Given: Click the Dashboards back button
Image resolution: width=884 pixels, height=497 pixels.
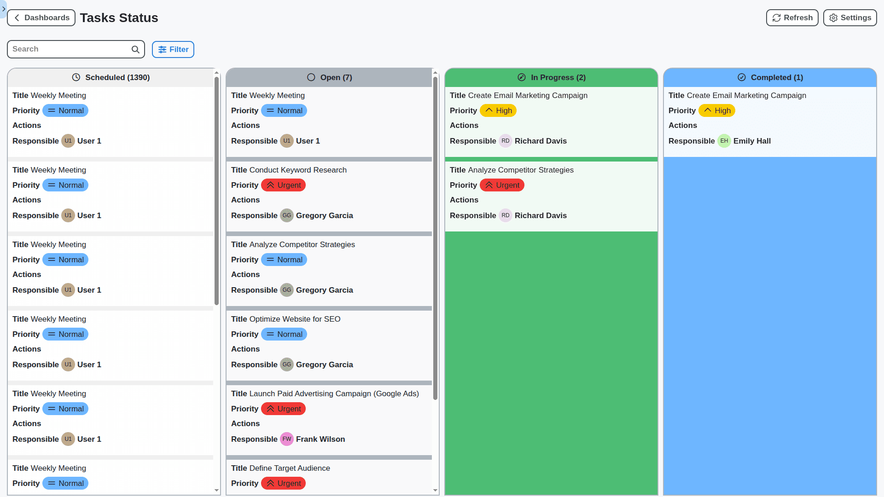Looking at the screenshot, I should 41,18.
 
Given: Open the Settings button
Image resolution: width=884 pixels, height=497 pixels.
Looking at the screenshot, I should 849,18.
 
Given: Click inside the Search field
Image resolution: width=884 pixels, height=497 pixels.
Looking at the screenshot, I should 69,49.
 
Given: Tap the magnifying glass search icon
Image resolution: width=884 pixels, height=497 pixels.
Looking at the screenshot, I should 135,49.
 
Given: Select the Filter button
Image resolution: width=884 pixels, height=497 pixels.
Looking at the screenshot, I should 173,49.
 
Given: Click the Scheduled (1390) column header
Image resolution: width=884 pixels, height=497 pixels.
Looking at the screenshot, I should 111,77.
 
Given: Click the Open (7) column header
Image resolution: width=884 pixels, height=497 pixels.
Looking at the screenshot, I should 330,77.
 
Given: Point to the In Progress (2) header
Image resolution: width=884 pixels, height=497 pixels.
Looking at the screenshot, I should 551,77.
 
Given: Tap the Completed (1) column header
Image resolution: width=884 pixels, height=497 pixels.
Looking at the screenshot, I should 770,77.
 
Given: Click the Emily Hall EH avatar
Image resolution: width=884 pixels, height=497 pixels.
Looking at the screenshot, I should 724,141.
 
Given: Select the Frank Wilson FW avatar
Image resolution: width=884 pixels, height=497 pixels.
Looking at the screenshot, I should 286,439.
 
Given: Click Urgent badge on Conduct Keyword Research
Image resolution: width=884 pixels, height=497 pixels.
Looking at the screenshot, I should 283,185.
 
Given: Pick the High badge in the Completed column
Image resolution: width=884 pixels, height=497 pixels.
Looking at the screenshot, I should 716,110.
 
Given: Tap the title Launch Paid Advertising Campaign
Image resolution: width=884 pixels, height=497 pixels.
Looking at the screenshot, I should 334,393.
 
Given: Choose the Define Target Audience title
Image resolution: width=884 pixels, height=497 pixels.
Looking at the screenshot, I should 290,468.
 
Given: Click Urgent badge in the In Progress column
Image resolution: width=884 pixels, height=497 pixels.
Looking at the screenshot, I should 502,185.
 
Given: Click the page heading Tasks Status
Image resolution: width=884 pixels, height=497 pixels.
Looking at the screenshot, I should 119,18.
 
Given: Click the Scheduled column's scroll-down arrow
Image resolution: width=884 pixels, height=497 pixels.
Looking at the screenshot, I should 216,491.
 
